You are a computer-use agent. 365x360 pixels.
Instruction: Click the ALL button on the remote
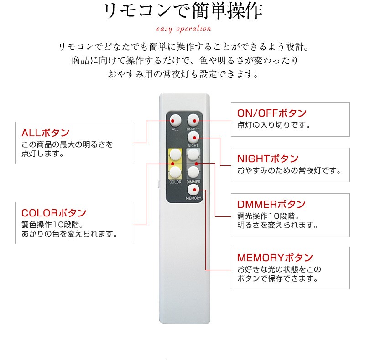click(x=175, y=120)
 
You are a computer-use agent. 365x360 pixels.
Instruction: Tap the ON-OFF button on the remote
click(x=193, y=120)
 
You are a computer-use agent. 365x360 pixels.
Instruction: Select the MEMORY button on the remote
click(x=193, y=190)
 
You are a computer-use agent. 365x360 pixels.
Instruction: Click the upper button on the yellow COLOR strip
click(x=175, y=154)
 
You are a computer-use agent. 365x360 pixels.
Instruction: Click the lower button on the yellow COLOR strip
click(x=175, y=172)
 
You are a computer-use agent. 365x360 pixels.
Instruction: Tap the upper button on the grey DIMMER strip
click(x=193, y=154)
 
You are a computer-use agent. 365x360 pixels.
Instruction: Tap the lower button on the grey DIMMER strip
click(x=193, y=172)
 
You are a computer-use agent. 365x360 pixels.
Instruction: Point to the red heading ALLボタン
click(x=45, y=133)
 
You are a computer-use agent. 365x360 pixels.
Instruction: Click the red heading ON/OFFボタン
click(x=272, y=113)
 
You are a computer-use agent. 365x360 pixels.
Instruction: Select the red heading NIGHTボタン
click(x=268, y=159)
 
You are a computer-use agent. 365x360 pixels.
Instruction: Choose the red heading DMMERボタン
click(x=271, y=205)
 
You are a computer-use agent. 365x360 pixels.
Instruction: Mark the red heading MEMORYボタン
click(x=275, y=257)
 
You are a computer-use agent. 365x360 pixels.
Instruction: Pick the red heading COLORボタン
click(x=54, y=213)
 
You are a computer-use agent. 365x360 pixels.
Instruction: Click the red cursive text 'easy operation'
click(x=184, y=29)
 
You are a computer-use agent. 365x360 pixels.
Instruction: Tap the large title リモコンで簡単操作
click(x=183, y=10)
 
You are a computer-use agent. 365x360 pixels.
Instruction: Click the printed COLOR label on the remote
click(x=175, y=182)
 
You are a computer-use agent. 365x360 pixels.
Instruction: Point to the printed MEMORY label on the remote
click(x=193, y=198)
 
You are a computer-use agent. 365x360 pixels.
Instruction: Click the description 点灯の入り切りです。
click(x=274, y=125)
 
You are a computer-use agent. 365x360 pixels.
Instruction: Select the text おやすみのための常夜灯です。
click(x=289, y=171)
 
